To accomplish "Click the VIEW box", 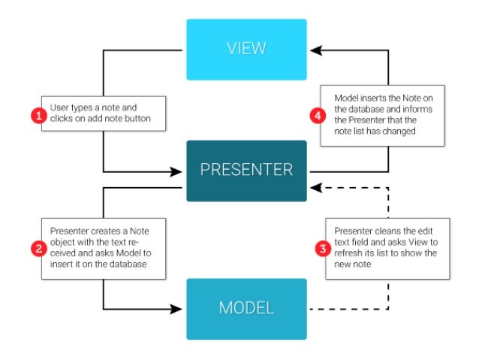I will point(246,50).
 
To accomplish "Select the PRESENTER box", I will point(246,170).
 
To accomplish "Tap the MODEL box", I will point(246,308).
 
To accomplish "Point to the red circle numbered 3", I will point(321,249).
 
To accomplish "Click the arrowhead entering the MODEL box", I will point(179,308).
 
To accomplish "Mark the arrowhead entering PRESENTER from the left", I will point(179,170).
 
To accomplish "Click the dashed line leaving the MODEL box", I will point(345,308).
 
